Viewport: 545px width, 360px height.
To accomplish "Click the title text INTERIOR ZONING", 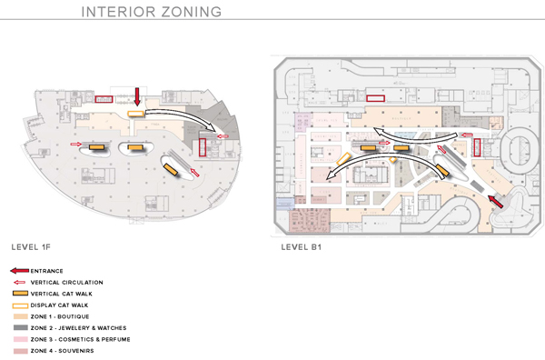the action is [152, 14].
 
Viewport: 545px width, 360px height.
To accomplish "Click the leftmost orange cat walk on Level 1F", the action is [96, 145].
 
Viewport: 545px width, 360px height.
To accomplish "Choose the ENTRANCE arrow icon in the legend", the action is [19, 271].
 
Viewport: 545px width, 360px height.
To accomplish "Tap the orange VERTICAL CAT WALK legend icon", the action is [19, 294].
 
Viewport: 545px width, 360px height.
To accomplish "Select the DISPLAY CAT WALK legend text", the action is [59, 305].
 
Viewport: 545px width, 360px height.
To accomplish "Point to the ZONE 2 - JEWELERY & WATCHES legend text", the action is [77, 327].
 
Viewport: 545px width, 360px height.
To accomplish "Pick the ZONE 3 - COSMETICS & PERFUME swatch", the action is [19, 339].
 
